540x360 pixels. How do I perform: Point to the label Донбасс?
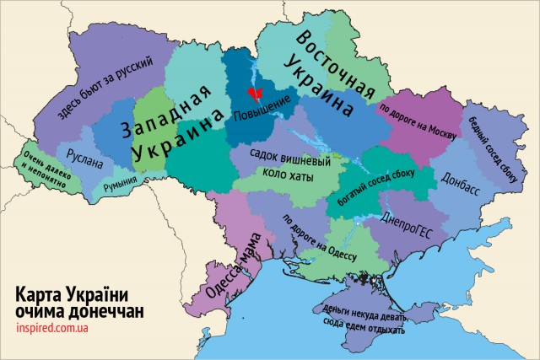pyautogui.click(x=459, y=180)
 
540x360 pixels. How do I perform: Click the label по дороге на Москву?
pyautogui.click(x=417, y=122)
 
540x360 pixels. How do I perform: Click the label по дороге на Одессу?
pyautogui.click(x=320, y=238)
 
